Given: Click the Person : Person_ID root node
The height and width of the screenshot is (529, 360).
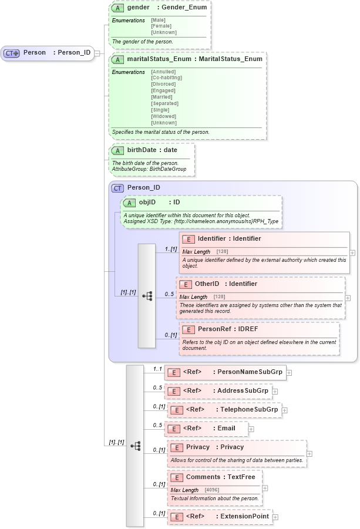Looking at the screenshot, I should click(48, 53).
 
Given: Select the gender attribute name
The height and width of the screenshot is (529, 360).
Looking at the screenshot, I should click(138, 8).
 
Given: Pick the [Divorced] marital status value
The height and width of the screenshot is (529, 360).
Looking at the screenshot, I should click(163, 84).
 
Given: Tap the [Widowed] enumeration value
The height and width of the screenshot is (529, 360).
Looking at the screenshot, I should click(163, 116).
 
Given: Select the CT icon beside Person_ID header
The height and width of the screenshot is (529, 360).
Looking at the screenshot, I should click(117, 188).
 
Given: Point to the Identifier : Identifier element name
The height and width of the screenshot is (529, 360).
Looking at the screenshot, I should click(229, 239).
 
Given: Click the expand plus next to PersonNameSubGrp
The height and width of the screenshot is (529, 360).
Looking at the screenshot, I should click(289, 372).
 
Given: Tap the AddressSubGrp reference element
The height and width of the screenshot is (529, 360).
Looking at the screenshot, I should click(226, 390).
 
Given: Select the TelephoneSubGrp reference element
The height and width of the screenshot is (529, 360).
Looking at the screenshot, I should click(231, 409).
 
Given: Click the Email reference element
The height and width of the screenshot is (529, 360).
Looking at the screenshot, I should click(209, 429).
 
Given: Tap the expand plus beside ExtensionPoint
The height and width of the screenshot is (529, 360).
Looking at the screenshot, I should click(275, 517).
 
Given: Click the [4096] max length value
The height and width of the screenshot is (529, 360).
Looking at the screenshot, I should click(212, 490).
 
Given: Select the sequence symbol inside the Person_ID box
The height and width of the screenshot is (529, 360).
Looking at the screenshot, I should click(147, 296).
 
